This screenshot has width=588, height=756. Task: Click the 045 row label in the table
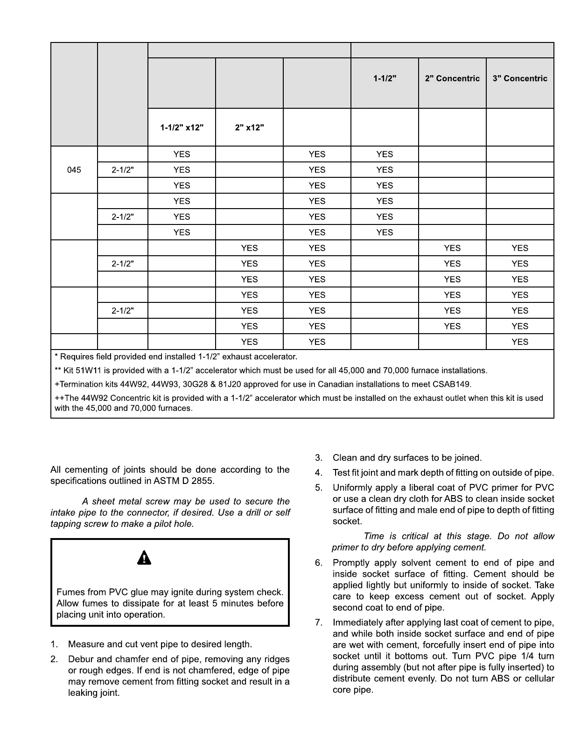click(74, 170)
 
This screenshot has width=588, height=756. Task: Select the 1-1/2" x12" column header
click(182, 127)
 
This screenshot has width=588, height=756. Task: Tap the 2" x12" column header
click(249, 127)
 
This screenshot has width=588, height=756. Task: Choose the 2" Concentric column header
click(452, 78)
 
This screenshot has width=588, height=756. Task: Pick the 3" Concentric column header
click(520, 78)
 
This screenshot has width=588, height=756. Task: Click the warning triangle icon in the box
click(144, 558)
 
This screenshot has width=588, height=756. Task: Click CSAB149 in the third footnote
click(454, 385)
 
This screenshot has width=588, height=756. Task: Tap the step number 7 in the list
click(318, 623)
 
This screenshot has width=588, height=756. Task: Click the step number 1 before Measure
click(54, 644)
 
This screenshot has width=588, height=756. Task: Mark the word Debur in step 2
click(81, 659)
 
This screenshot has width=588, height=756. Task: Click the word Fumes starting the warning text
click(69, 592)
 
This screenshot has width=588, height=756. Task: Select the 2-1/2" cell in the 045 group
click(123, 170)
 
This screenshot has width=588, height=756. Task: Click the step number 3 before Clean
click(318, 458)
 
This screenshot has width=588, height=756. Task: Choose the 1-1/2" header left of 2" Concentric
click(385, 78)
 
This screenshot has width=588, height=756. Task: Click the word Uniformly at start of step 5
click(352, 488)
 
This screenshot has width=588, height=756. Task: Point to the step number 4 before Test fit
click(318, 473)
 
